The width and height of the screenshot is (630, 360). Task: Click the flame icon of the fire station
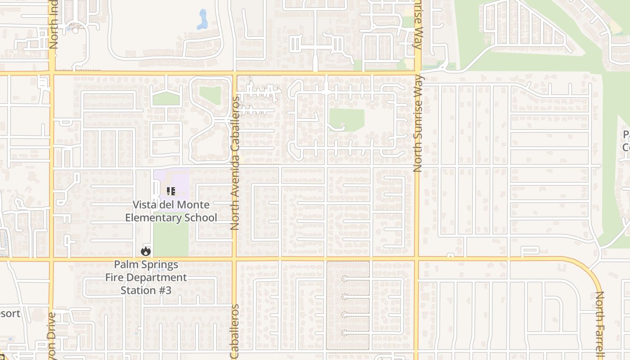point(145,251)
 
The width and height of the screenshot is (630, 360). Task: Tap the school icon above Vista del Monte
point(171,192)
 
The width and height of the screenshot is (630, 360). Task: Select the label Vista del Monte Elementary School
point(171,211)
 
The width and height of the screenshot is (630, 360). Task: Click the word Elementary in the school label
point(152,218)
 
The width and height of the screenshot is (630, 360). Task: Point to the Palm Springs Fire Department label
point(146,271)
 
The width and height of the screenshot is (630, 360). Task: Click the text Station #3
point(146,290)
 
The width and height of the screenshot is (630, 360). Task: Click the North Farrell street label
point(599,325)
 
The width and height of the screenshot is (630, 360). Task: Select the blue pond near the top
point(202,20)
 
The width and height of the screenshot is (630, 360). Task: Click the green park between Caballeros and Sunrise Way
point(346,120)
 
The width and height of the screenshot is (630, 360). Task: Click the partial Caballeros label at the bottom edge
point(234,332)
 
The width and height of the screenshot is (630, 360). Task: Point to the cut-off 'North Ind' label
point(53,25)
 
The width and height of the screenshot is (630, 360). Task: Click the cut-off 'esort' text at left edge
point(10,313)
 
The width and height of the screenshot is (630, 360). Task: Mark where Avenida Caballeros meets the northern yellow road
point(234,73)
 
